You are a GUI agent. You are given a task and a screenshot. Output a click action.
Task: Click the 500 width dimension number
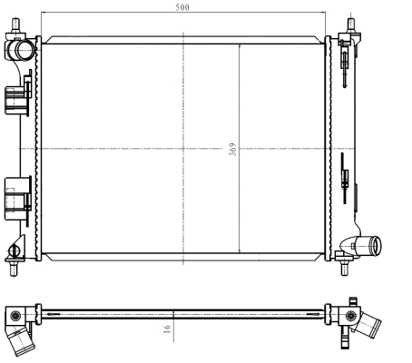[184, 7]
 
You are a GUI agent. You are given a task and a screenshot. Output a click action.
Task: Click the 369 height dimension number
[232, 150]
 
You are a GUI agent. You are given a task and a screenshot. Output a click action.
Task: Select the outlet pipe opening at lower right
[377, 244]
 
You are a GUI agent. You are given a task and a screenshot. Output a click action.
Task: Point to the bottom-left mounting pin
[14, 268]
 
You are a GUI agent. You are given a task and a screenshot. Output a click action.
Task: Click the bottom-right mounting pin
[346, 268]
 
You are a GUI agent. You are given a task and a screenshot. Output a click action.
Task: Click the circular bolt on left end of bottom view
[15, 316]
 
